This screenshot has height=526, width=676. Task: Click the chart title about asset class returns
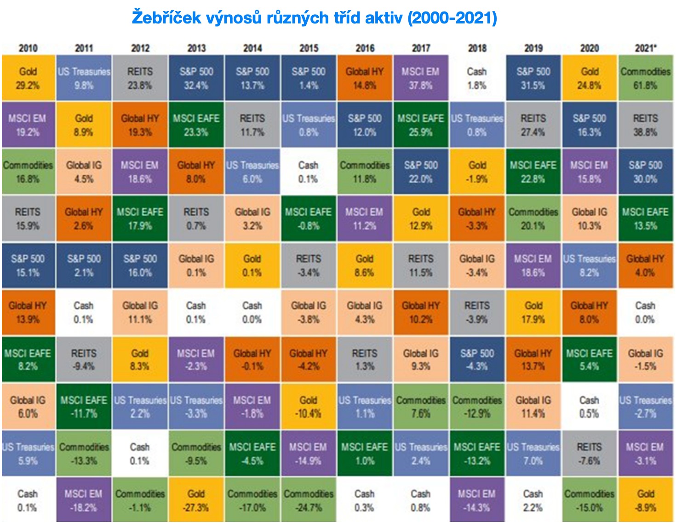[x=314, y=18]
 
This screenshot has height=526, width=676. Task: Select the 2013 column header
[x=196, y=48]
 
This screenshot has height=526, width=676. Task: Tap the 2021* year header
[x=646, y=48]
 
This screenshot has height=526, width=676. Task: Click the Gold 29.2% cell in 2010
[x=28, y=78]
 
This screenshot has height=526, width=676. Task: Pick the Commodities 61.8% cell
[x=646, y=78]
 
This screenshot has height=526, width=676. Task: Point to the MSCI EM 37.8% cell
[x=421, y=78]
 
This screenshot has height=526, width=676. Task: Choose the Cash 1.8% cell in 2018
[x=477, y=78]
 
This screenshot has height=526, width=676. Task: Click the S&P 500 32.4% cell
[x=196, y=78]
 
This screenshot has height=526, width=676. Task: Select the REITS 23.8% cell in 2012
[x=140, y=78]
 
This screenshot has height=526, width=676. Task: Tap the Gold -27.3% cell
[x=196, y=500]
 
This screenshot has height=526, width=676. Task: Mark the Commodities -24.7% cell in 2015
[x=309, y=500]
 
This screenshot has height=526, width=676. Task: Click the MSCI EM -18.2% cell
[x=84, y=500]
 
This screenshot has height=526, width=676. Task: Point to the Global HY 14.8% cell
[x=365, y=78]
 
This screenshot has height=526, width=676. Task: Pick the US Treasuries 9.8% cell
[x=84, y=78]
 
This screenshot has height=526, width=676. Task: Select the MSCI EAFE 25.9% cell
[x=421, y=125]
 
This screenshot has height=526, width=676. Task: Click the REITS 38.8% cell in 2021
[x=646, y=125]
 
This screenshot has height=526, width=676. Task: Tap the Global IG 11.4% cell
[x=533, y=406]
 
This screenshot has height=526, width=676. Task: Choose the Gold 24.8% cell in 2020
[x=590, y=78]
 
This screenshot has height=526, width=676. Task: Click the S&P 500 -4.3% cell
[x=477, y=360]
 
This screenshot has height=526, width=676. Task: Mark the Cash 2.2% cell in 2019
[x=533, y=500]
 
